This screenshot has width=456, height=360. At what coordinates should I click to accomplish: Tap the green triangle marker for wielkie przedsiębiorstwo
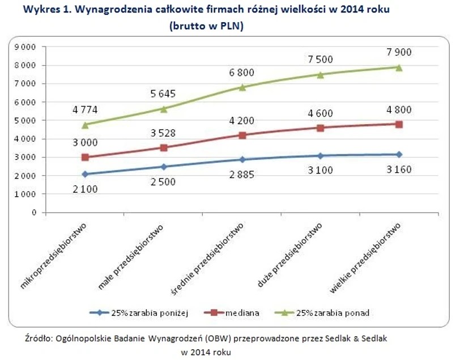coord(399,67)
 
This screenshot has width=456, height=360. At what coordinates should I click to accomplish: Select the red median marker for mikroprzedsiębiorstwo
coord(86,158)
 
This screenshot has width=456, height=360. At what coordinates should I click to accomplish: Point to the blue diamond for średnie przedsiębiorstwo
coord(242,160)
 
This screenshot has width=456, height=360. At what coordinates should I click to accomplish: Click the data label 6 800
coord(242,72)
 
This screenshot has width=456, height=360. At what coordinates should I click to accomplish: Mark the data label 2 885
coord(242,175)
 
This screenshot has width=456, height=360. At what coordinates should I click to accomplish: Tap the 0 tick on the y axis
coord(35,213)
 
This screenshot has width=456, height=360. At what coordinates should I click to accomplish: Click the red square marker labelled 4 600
coord(321,128)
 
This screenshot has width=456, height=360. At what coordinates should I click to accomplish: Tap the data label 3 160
coord(399,169)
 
